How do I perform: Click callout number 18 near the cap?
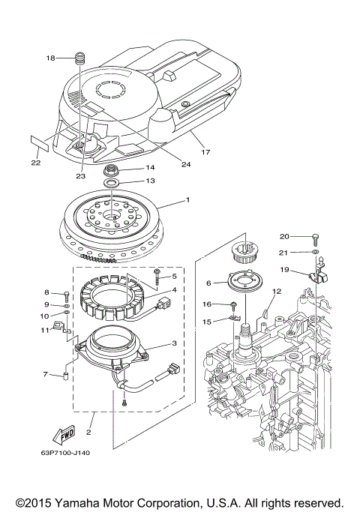51,58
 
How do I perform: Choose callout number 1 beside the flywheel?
188,201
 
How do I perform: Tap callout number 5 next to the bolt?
174,277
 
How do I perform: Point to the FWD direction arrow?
62,433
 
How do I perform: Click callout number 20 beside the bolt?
285,237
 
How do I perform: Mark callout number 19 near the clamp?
285,269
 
